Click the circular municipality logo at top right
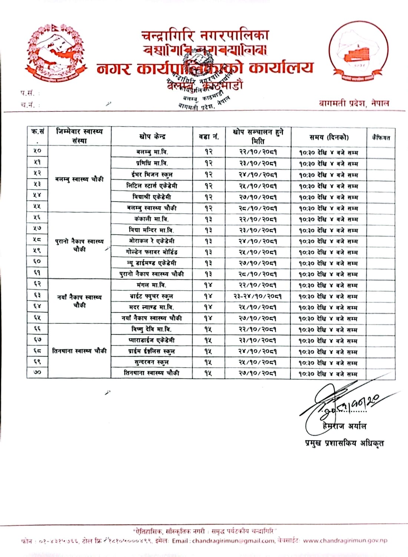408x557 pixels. pyautogui.click(x=358, y=52)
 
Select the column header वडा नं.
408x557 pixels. pyautogui.click(x=209, y=137)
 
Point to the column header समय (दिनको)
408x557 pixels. pyautogui.click(x=329, y=137)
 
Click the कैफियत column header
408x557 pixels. pyautogui.click(x=381, y=138)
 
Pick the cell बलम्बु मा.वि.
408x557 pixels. pyautogui.click(x=152, y=152)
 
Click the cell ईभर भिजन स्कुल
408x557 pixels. pyautogui.click(x=152, y=174)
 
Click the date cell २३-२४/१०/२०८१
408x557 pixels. pyautogui.click(x=257, y=296)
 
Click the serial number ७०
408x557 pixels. pyautogui.click(x=37, y=372)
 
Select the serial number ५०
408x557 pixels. pyautogui.click(x=37, y=151)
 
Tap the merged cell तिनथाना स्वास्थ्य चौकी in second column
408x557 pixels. pyautogui.click(x=79, y=351)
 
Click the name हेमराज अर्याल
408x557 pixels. pyautogui.click(x=344, y=426)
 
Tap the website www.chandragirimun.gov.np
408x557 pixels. pyautogui.click(x=345, y=541)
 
